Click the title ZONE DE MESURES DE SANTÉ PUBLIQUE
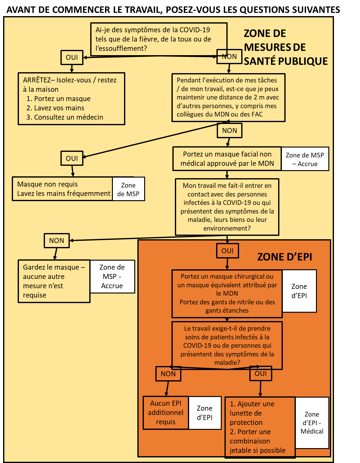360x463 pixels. pos(285,47)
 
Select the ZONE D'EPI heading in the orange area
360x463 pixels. pos(284,257)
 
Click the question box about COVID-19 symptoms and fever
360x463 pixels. pos(159,39)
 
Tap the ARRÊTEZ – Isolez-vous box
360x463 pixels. pos(71,99)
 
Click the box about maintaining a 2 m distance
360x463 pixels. pos(228,97)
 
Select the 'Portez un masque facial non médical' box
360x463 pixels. pos(227,159)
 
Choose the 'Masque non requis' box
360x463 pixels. pos(62,189)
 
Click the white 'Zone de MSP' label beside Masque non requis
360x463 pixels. pos(128,189)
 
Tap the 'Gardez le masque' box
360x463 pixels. pos(54,281)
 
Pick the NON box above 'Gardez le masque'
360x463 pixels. pos(56,241)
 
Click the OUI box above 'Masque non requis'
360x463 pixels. pos(72,158)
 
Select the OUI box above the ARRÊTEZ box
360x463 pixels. pos(72,57)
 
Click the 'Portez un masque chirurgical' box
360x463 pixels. pos(227,293)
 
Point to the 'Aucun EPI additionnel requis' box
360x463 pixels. pos(166,413)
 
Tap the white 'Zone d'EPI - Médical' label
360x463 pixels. pos(312,423)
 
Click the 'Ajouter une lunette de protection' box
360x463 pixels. pos(260,427)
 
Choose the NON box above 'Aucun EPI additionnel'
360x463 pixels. pos(168,374)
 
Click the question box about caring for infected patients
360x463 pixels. pos(227,345)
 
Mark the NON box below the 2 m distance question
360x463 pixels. pos(229,131)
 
